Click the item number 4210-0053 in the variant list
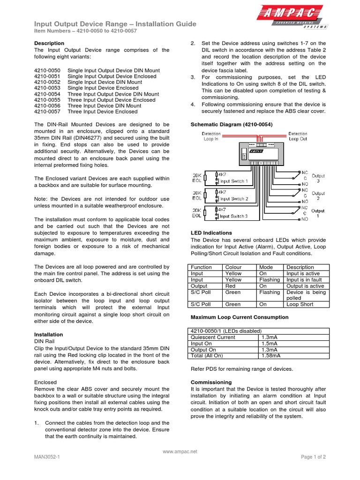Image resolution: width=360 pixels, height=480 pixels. [47, 88]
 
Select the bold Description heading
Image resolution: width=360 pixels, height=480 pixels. [49, 43]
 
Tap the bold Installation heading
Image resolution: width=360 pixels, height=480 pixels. [49, 335]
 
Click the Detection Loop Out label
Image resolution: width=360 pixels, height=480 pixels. [298, 136]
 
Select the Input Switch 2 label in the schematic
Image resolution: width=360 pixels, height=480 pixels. [234, 199]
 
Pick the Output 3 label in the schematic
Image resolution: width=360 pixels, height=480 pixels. [318, 179]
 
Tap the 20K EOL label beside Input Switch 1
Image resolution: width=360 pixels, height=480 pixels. [197, 179]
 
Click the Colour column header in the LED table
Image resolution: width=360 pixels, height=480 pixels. [234, 267]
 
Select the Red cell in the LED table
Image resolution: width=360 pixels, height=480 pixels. [231, 286]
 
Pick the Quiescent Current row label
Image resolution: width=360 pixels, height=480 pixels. [212, 337]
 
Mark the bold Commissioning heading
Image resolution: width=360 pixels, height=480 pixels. [211, 382]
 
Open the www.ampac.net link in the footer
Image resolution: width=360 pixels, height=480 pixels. [180, 451]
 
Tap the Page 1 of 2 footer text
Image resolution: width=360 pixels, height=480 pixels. [313, 457]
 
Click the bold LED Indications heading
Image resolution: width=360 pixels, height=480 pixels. [211, 233]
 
